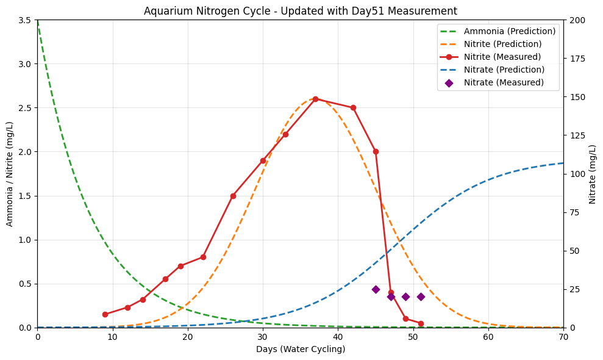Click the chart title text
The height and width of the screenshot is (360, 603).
tap(301, 11)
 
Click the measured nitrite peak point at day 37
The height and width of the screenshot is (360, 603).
tap(315, 99)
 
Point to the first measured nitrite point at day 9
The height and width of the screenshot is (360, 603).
tap(105, 315)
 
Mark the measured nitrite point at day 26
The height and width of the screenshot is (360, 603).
tap(233, 196)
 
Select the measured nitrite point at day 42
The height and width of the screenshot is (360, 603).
tap(353, 108)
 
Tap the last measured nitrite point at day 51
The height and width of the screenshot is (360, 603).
tap(421, 323)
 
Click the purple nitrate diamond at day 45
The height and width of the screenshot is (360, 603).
tap(376, 290)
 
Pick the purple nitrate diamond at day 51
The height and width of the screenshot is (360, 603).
tap(421, 297)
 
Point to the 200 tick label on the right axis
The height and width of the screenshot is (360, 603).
tap(576, 20)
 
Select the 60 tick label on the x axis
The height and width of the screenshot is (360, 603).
tap(488, 337)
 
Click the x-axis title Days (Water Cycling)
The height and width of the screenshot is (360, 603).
tap(301, 349)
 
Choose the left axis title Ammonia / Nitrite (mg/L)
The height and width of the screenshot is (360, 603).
tap(9, 174)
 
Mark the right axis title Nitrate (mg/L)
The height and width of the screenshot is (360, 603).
tap(592, 174)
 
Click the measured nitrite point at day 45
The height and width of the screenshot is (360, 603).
tap(376, 152)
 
